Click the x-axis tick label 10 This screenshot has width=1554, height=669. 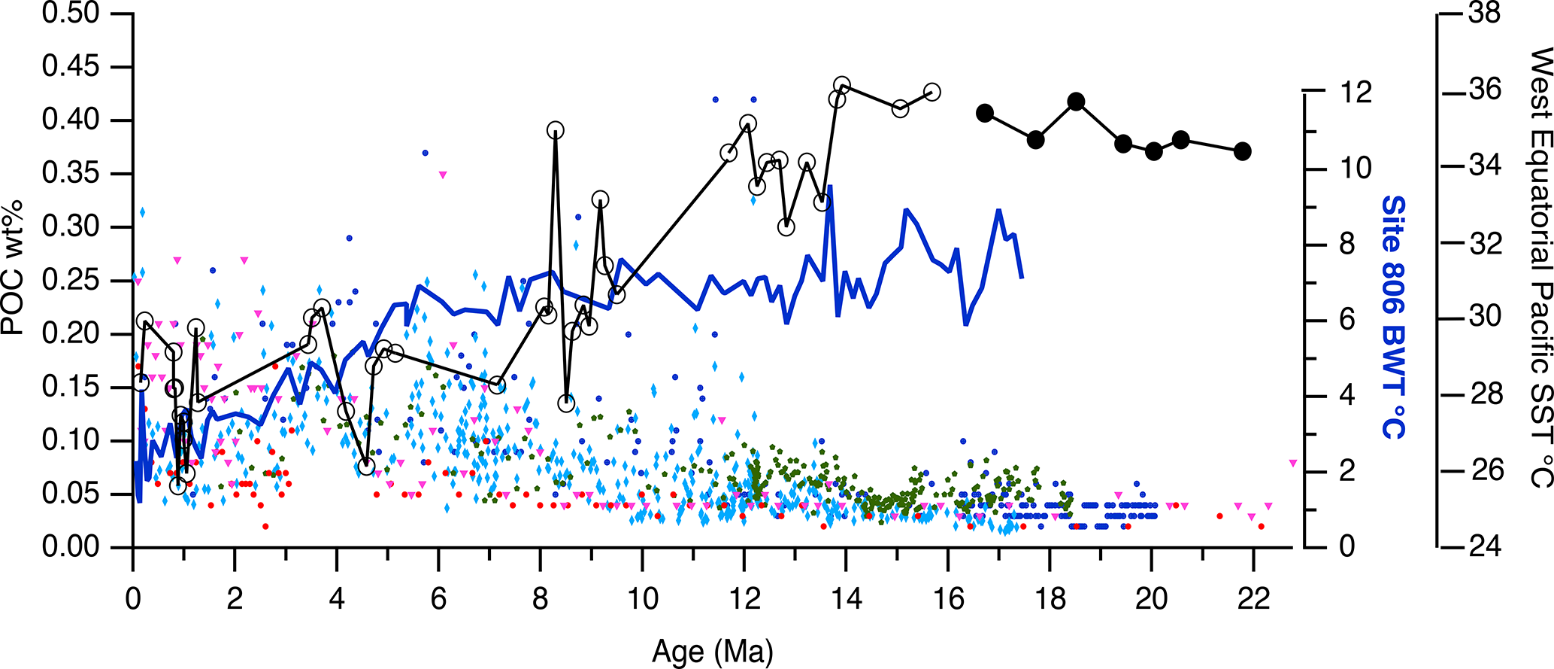(x=642, y=600)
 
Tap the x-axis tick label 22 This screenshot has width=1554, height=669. (x=1253, y=600)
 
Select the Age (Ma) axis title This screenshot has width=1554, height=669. (x=712, y=652)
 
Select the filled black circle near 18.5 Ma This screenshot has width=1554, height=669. (x=1076, y=102)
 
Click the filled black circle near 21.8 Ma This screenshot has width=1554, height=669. (x=1243, y=151)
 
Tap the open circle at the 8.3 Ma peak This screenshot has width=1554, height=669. (x=556, y=130)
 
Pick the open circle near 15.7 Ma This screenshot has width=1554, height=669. (x=932, y=92)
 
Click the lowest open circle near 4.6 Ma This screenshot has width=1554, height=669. (x=367, y=467)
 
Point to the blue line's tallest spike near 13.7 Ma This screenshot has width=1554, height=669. (x=829, y=186)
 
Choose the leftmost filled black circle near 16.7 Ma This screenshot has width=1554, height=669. (x=985, y=114)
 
